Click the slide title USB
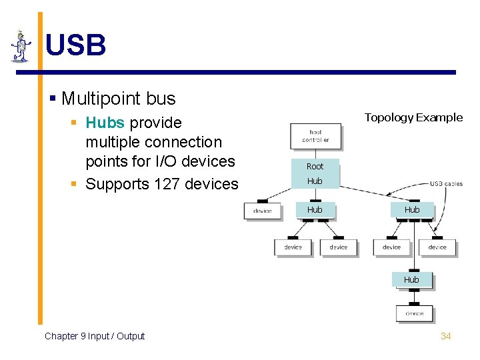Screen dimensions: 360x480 click(75, 45)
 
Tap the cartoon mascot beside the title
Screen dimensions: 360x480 click(21, 46)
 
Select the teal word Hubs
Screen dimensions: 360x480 click(105, 123)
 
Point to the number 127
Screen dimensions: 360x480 click(167, 183)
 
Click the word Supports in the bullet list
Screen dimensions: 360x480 click(117, 183)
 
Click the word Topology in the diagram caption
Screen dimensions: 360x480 click(388, 117)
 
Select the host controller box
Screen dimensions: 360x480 click(315, 137)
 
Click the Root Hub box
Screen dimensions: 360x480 click(315, 173)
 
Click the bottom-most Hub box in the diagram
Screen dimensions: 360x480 click(411, 280)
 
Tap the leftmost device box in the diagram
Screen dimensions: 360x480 click(263, 211)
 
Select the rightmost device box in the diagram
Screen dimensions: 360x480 click(437, 247)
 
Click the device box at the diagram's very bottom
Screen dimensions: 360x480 click(414, 313)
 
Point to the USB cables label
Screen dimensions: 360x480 click(445, 184)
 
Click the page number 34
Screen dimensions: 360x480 click(445, 336)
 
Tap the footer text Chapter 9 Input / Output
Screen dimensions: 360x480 click(95, 336)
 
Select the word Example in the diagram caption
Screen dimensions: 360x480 click(439, 117)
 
